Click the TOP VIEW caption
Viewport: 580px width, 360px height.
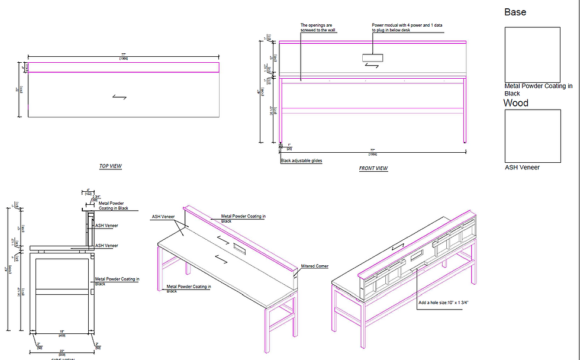tap(110, 166)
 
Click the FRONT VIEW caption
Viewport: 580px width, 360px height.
tap(373, 169)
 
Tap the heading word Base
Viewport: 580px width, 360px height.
tap(515, 12)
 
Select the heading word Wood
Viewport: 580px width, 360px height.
tap(516, 103)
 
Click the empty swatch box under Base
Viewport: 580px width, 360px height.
tap(532, 54)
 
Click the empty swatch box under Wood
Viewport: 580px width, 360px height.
tap(532, 136)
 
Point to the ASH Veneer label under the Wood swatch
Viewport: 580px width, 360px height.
tap(522, 168)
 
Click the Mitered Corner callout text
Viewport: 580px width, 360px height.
tap(314, 266)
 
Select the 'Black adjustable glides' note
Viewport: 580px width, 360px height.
tap(302, 160)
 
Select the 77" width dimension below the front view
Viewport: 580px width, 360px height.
tap(373, 151)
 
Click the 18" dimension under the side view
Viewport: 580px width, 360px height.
tap(62, 332)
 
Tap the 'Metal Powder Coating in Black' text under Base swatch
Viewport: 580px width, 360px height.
tap(538, 89)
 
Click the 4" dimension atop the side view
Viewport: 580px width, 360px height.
tap(88, 191)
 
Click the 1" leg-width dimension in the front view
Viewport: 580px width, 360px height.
tap(289, 146)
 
